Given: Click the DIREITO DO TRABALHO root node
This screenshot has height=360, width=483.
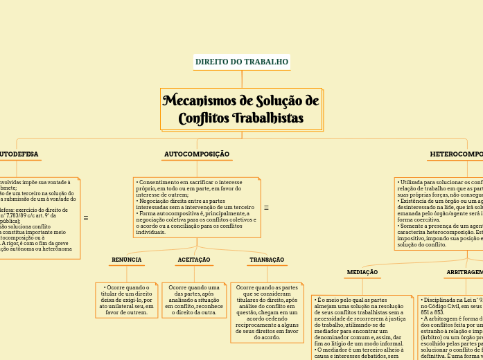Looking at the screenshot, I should point(241,62).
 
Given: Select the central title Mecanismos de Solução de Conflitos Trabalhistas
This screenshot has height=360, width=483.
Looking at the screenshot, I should point(241,109).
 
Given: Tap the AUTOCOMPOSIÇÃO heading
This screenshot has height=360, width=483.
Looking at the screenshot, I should point(197,154).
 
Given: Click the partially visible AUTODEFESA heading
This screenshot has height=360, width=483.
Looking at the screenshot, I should point(19,154).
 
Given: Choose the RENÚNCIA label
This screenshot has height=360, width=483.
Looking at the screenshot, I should point(126,260).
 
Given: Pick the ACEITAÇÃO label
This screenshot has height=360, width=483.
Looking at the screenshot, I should point(194,260).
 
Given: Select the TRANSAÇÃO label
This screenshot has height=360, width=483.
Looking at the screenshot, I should point(267,260).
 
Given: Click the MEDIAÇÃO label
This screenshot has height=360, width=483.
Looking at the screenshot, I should point(362,273).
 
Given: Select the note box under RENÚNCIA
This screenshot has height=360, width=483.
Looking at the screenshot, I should point(126,300).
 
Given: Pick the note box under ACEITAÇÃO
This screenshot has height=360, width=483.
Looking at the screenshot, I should point(194,300).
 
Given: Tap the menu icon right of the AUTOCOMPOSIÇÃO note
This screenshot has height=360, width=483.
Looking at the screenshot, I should point(267,208).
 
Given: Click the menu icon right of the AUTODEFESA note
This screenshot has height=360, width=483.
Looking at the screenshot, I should point(86,218).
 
